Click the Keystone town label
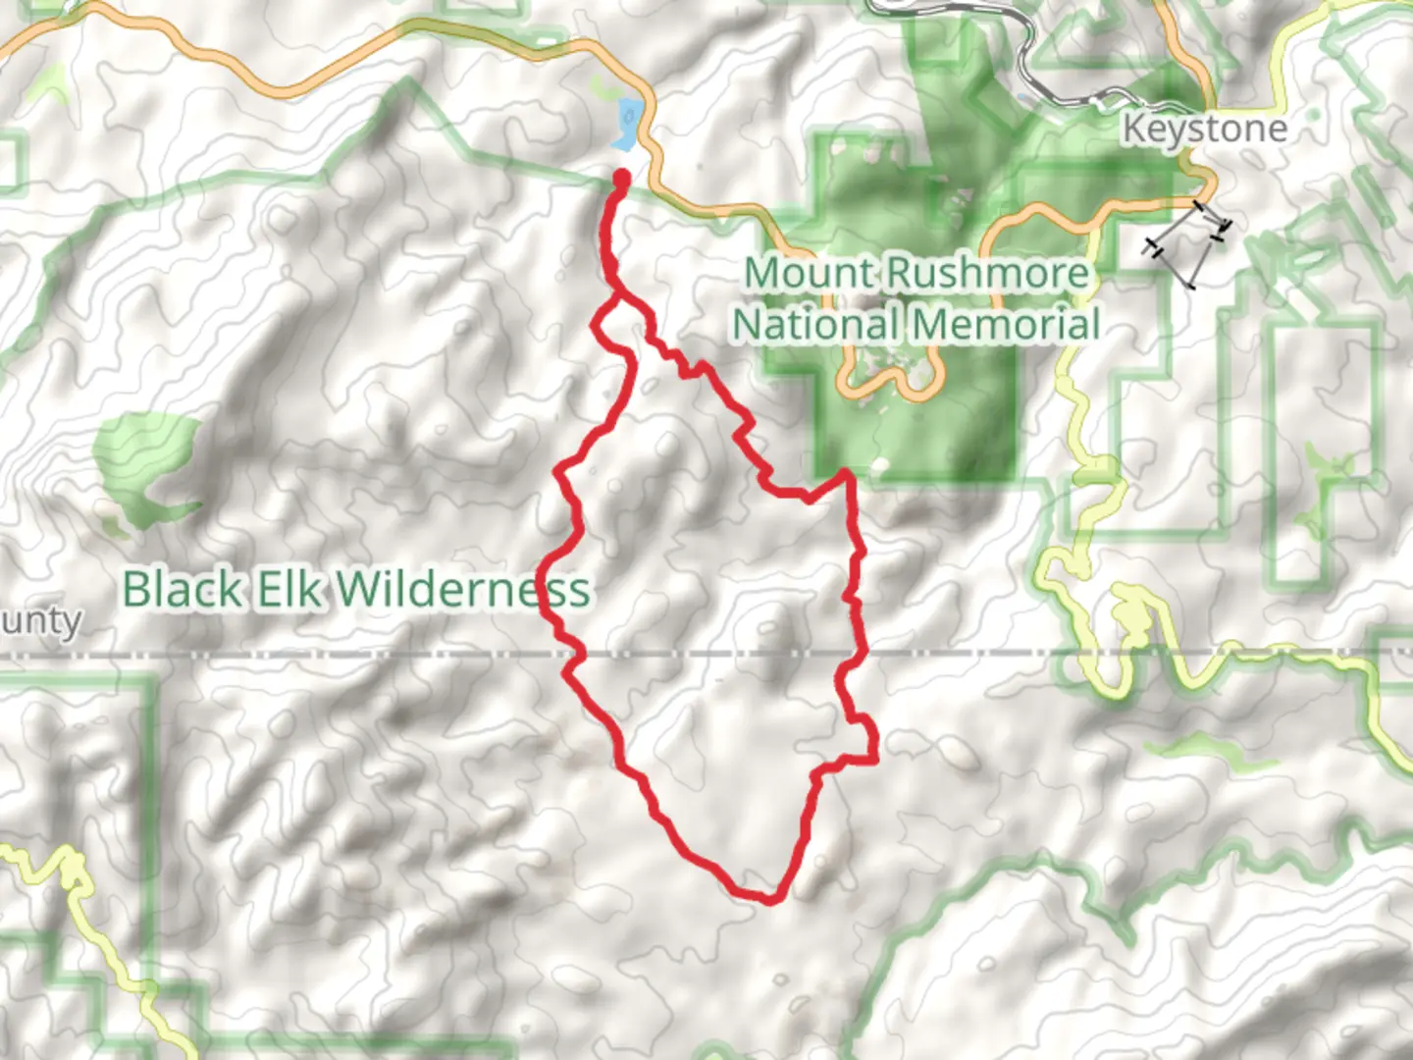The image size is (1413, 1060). coord(1204,129)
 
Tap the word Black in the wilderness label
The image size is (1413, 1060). coord(182,590)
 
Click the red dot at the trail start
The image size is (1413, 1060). coord(621,178)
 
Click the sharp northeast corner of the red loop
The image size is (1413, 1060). coord(845,475)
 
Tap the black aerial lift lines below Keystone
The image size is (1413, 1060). coord(1188,242)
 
